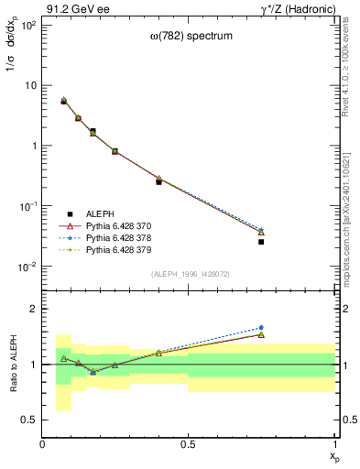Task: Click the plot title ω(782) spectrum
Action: (x=188, y=36)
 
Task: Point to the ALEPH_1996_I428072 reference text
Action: (x=189, y=274)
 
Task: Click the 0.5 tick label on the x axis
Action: (x=189, y=443)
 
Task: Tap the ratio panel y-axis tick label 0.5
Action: (x=29, y=420)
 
